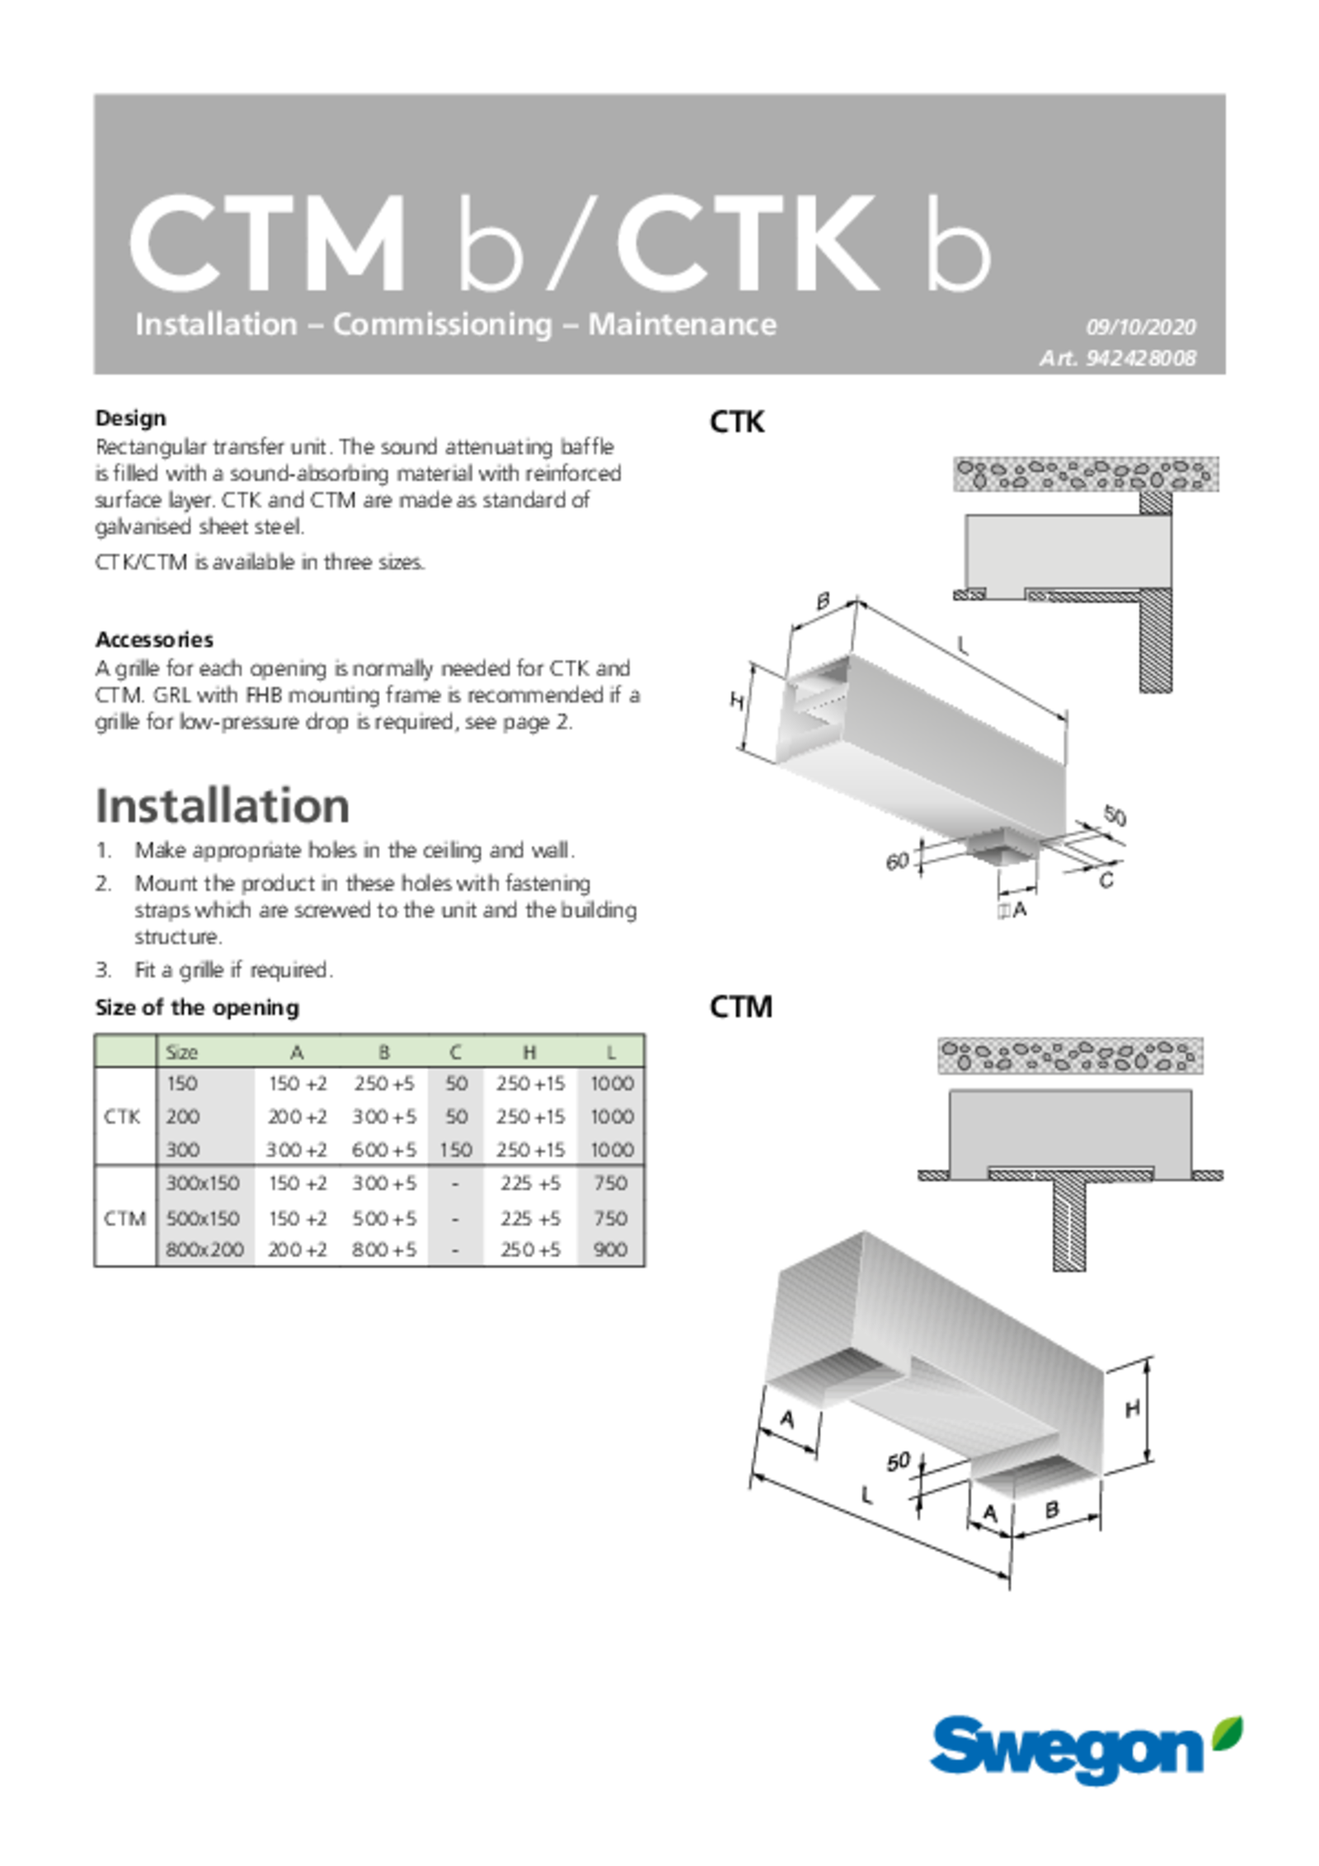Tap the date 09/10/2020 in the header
[1140, 327]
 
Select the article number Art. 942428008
[1117, 359]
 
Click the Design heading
[130, 418]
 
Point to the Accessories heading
[154, 640]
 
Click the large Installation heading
[223, 805]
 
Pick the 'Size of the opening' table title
[197, 1007]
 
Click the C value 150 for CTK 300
[455, 1150]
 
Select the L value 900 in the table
[610, 1249]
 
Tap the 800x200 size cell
[204, 1249]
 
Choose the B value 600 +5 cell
[383, 1150]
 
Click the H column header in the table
[529, 1053]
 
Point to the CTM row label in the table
[124, 1218]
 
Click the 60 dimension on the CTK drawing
[897, 861]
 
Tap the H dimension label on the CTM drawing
[1133, 1409]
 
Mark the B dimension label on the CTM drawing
[1051, 1509]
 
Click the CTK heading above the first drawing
[736, 422]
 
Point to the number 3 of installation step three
[103, 970]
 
